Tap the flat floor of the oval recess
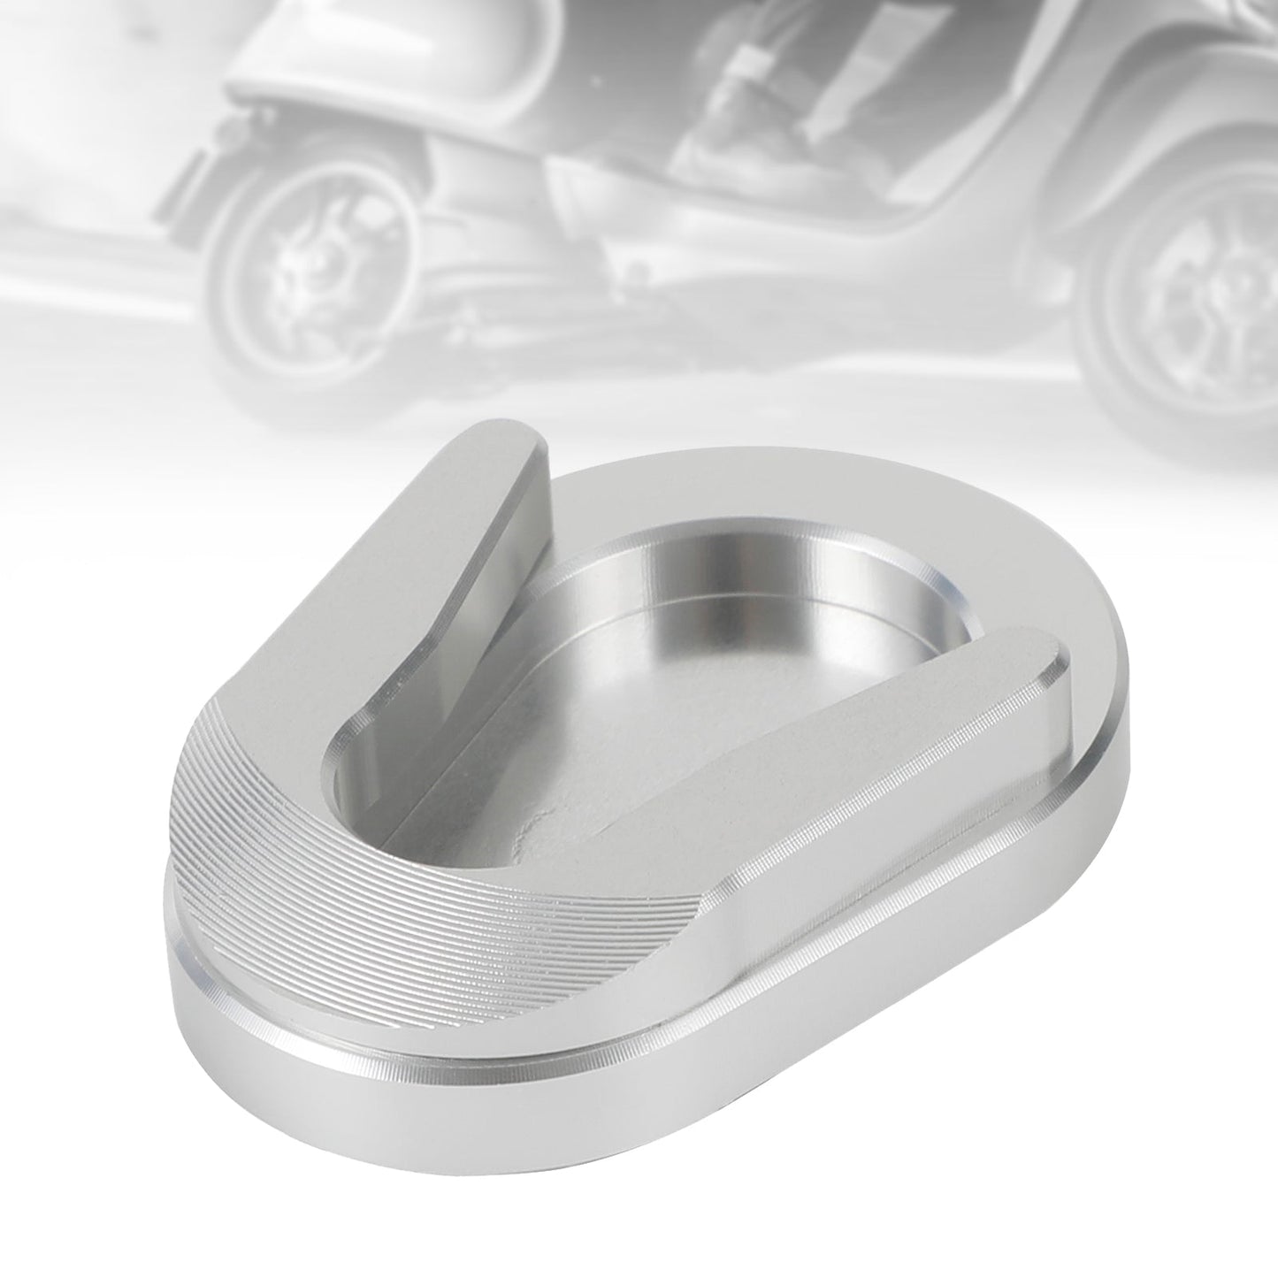[x=672, y=734]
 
